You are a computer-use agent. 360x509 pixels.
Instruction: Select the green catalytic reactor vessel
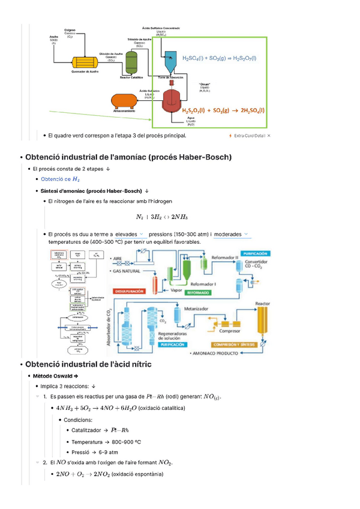pos(131,60)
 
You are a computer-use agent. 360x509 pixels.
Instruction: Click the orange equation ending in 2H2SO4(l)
pos(223,110)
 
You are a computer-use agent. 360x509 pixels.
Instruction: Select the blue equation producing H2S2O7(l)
pos(219,58)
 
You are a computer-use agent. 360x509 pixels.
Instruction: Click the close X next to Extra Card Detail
pos(268,136)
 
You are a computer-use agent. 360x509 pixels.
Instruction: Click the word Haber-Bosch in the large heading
pos(199,157)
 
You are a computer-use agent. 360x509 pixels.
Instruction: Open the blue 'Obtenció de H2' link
pos(60,179)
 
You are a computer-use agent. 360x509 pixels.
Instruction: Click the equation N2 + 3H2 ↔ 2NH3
pos(161,217)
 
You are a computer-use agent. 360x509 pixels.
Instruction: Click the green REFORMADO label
pos(199,292)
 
